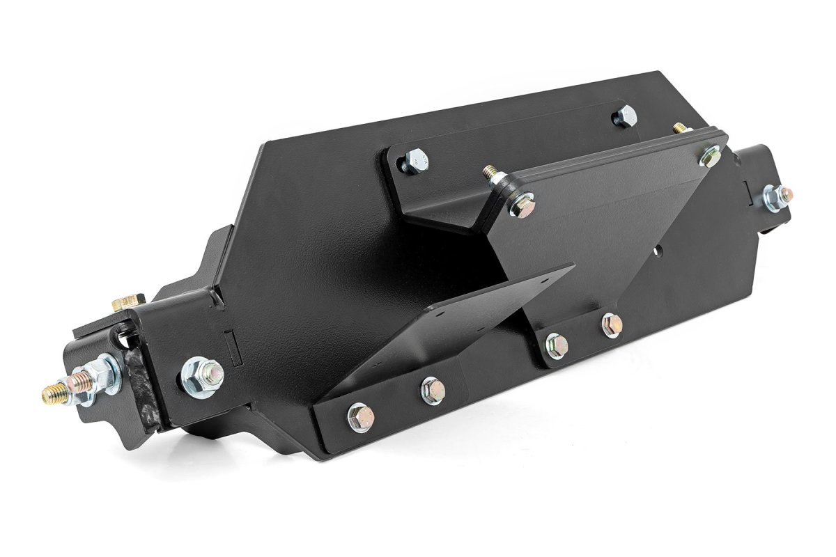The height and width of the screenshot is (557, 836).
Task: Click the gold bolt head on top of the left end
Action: tap(127, 303)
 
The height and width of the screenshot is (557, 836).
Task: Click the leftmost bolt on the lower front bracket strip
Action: tap(360, 417)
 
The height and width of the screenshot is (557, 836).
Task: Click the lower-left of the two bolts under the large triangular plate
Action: tap(556, 345)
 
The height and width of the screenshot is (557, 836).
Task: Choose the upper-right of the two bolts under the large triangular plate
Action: tap(611, 324)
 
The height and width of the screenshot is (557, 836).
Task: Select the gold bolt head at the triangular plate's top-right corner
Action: tap(710, 157)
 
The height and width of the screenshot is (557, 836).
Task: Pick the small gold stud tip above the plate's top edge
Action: tap(679, 128)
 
